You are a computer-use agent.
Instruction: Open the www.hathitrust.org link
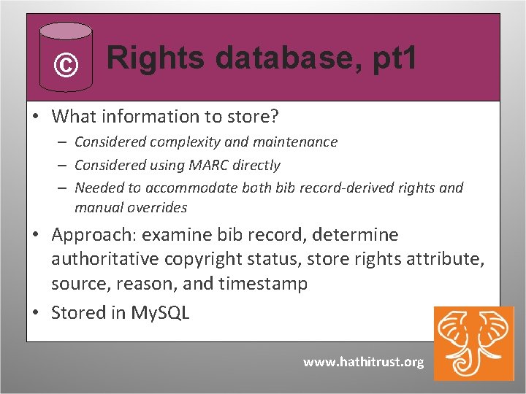point(363,362)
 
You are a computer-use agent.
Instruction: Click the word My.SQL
point(160,312)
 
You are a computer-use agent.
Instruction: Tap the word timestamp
point(264,283)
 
